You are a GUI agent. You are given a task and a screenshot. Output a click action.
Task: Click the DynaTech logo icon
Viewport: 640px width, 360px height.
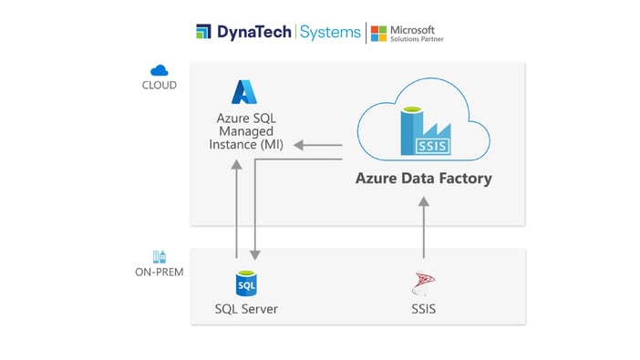pos(203,32)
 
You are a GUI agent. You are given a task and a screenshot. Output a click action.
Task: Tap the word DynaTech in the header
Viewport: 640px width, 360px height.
pos(253,32)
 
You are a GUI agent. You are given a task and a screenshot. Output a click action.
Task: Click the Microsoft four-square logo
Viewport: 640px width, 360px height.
pos(377,32)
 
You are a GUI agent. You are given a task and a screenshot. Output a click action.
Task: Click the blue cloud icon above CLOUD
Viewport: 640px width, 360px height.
pos(160,70)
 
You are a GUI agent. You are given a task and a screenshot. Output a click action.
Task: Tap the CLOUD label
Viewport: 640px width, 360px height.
pos(160,86)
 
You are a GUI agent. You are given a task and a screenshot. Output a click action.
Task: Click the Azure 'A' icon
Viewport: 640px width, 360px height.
pos(243,92)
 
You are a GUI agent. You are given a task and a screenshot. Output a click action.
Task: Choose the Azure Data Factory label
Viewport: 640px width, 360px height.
pos(423,179)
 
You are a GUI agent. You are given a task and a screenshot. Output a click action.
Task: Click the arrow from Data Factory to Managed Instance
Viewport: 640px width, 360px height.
pos(320,145)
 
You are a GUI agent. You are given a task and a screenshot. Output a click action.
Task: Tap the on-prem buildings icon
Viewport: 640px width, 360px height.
pos(160,257)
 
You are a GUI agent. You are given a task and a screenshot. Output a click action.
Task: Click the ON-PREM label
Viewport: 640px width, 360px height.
pos(160,273)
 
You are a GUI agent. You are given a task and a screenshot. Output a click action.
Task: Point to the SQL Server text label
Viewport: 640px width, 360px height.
pos(246,309)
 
